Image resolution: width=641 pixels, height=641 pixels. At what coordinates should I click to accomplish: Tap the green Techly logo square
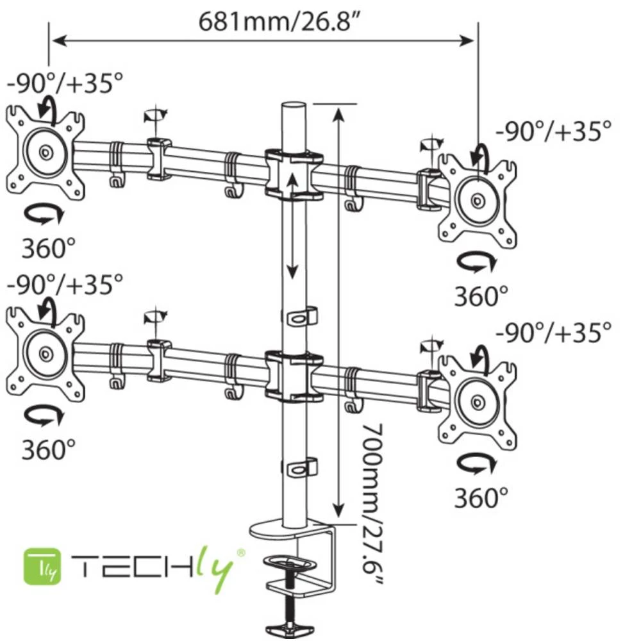(x=42, y=565)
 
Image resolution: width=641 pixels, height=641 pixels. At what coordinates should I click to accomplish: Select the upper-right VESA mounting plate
(x=478, y=199)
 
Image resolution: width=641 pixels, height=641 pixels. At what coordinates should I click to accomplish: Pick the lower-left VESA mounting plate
(x=45, y=353)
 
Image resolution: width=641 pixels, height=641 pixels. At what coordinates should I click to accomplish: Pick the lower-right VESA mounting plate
(x=478, y=402)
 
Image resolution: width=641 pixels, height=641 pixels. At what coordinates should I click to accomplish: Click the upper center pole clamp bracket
(x=294, y=174)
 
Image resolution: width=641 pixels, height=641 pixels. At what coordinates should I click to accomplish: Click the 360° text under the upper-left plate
(x=49, y=247)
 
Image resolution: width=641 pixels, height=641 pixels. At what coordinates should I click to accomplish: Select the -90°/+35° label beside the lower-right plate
(x=553, y=332)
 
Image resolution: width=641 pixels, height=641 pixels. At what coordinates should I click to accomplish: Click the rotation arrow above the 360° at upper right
(x=477, y=261)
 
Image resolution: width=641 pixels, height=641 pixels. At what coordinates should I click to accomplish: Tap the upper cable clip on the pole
(x=300, y=316)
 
